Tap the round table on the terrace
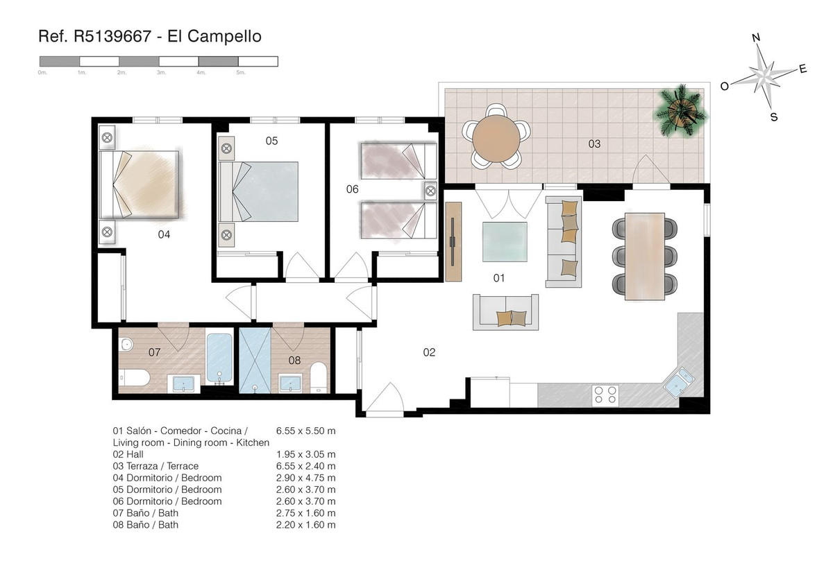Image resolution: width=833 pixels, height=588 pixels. (x=496, y=137)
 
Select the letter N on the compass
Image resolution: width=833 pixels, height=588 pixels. (x=757, y=38)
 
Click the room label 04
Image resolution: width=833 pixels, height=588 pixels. (x=164, y=234)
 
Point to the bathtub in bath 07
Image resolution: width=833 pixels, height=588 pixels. (x=219, y=356)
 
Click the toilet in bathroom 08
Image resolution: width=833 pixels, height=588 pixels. (x=318, y=376)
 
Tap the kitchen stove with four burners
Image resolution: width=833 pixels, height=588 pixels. (x=605, y=395)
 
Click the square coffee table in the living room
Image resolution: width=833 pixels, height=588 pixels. (x=504, y=241)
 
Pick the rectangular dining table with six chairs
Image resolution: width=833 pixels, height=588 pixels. (x=645, y=256)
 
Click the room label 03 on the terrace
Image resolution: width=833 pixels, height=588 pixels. (x=594, y=144)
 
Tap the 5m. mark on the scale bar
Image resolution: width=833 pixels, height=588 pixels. (x=241, y=72)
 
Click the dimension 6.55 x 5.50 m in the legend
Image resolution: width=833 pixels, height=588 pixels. (x=305, y=431)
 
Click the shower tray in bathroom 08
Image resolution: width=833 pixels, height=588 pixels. (x=254, y=361)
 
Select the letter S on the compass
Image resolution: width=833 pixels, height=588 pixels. (x=774, y=116)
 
